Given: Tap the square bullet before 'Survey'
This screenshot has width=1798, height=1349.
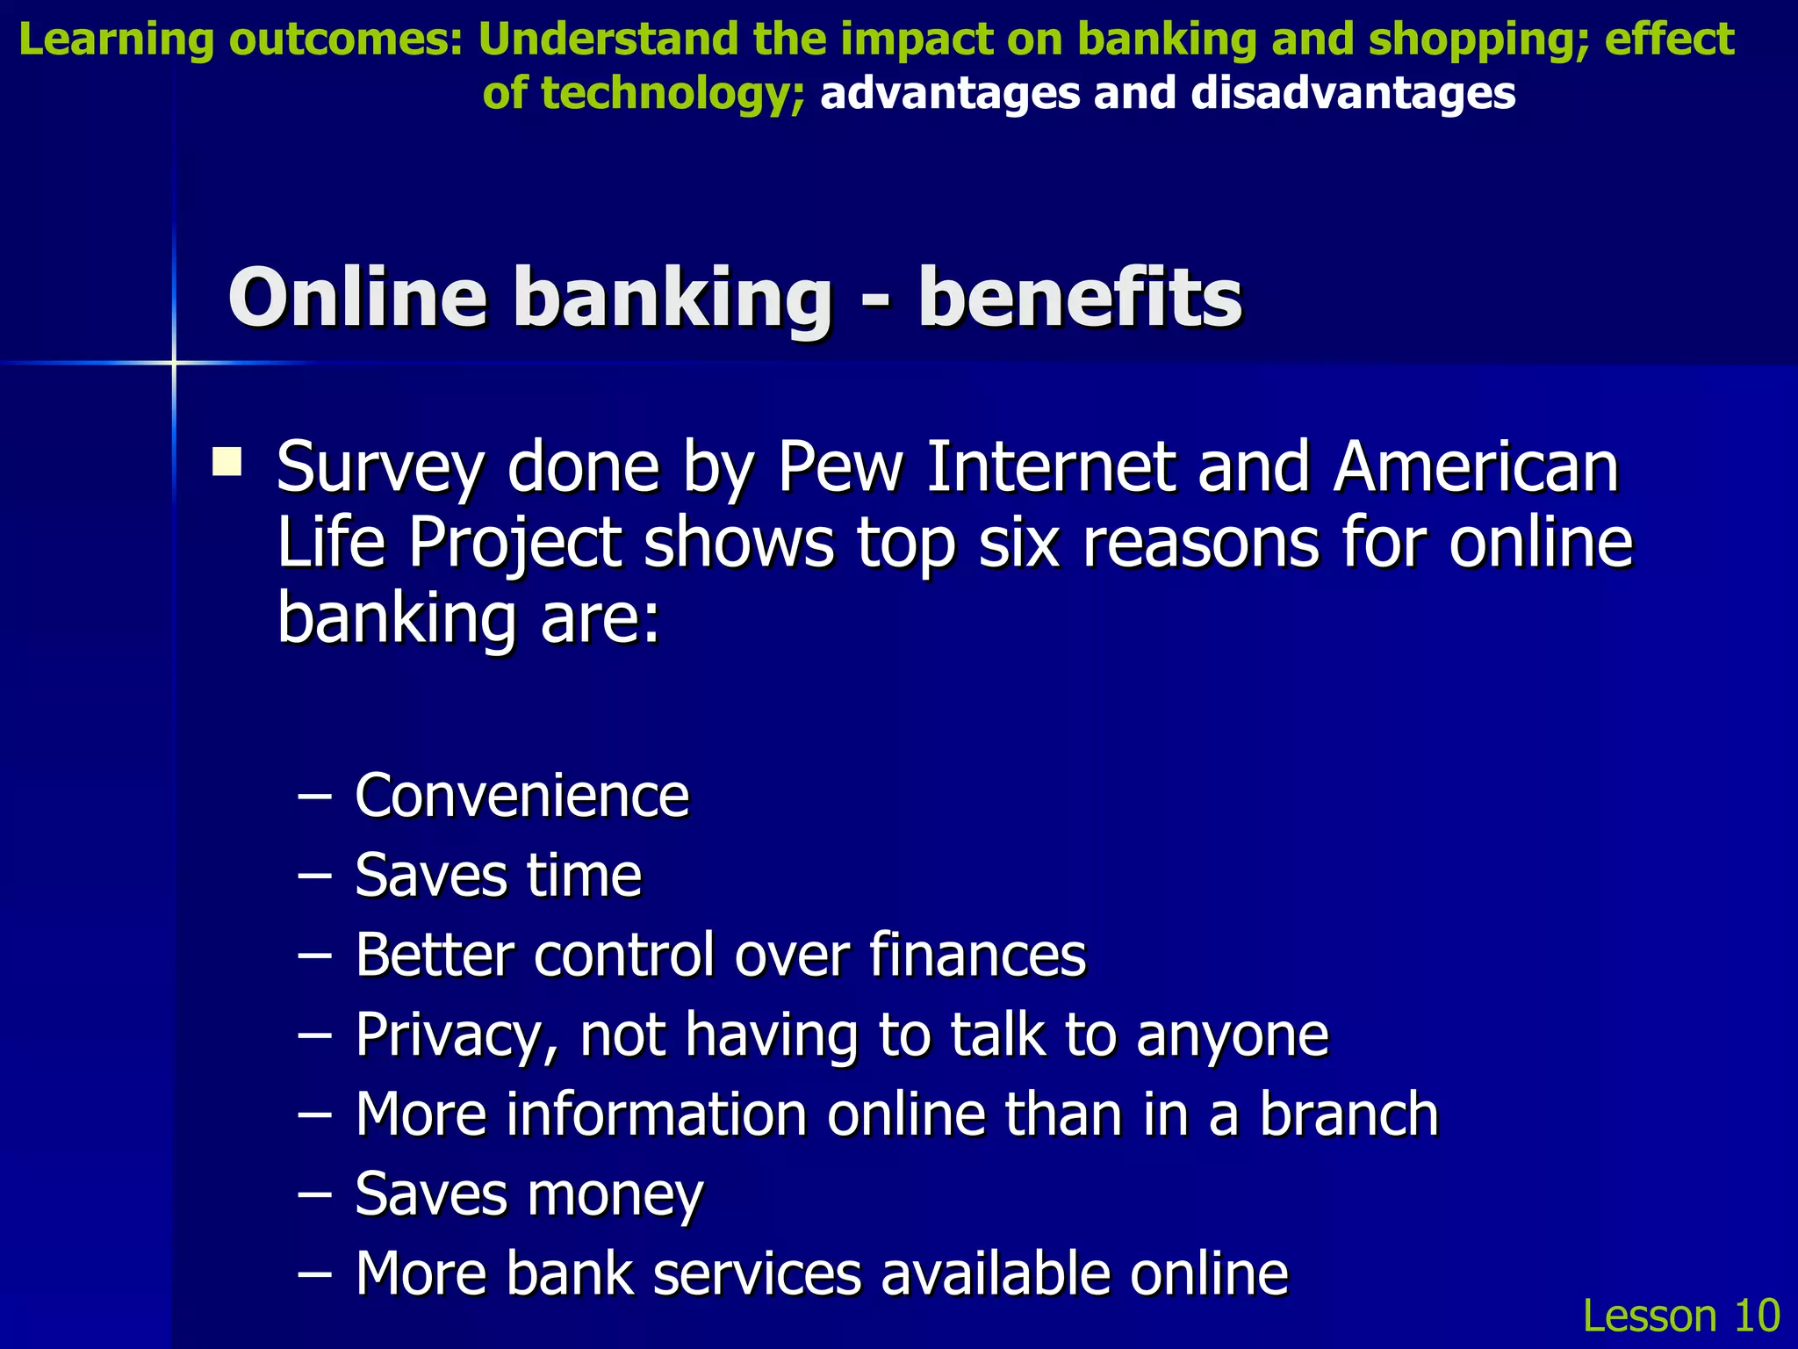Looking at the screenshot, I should point(227,461).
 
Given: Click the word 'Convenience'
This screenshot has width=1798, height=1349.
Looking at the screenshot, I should point(521,796).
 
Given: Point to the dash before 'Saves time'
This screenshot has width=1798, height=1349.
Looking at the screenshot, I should point(315,876).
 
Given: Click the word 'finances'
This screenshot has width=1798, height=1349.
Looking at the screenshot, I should point(977,955).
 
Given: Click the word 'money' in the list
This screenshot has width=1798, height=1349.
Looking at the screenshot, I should point(615,1195).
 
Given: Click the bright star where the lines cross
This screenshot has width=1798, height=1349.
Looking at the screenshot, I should point(174,362).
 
